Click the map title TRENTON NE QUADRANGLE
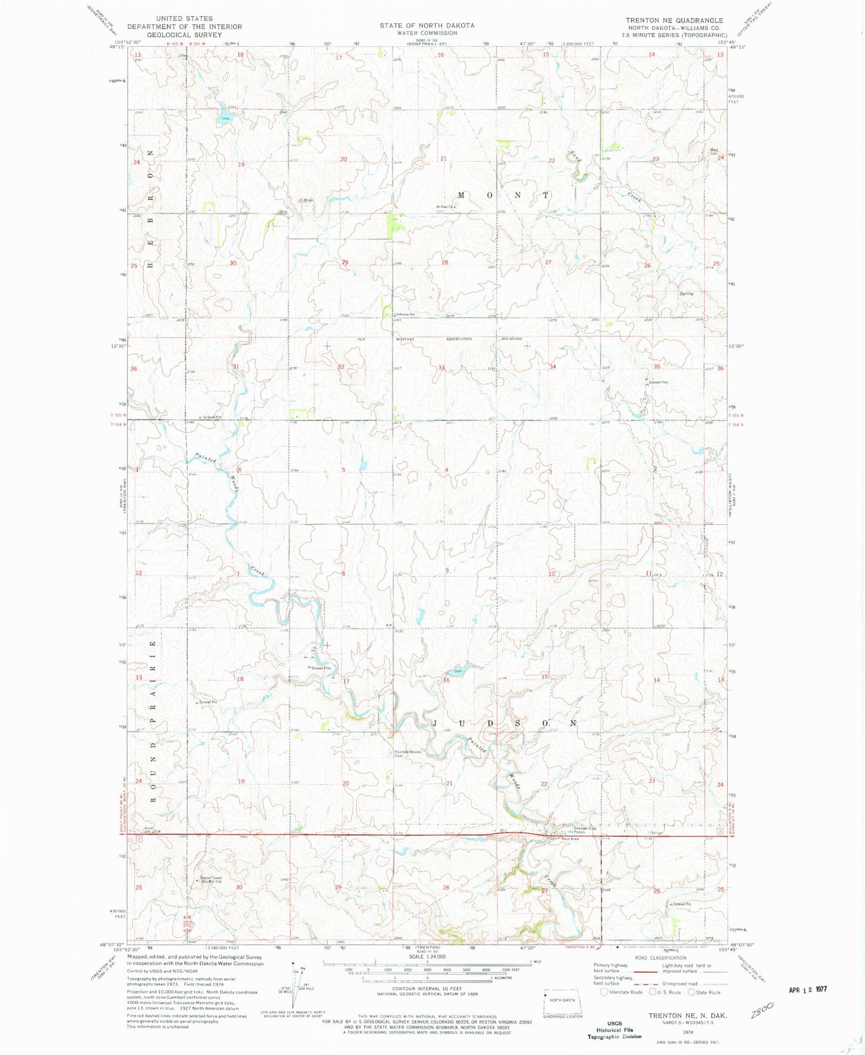tap(674, 20)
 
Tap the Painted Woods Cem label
tap(408, 753)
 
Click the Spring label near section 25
tap(686, 294)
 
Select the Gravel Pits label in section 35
tap(658, 382)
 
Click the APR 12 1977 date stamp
tap(808, 989)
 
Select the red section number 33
tap(441, 367)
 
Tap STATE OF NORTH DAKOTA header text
tap(427, 26)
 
